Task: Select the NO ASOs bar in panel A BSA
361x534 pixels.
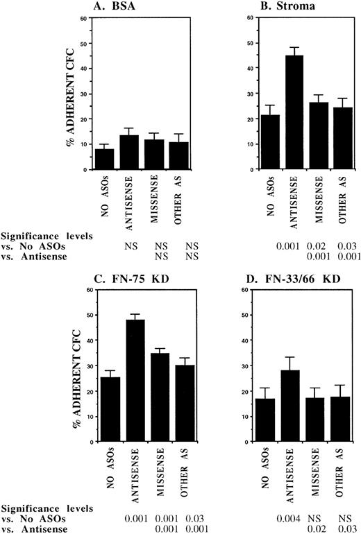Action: (104, 159)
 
